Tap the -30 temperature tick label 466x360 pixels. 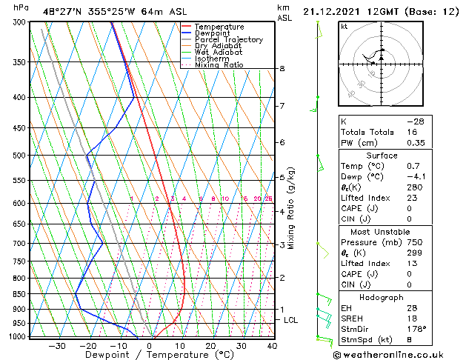pyautogui.click(x=57, y=345)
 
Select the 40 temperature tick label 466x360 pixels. pyautogui.click(x=272, y=345)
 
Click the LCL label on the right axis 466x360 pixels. pyautogui.click(x=290, y=320)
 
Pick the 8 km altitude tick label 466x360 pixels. pyautogui.click(x=282, y=69)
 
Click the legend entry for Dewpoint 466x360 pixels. pyautogui.click(x=213, y=33)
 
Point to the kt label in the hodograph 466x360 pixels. pyautogui.click(x=344, y=27)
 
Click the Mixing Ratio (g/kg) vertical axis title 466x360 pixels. pyautogui.click(x=291, y=207)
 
